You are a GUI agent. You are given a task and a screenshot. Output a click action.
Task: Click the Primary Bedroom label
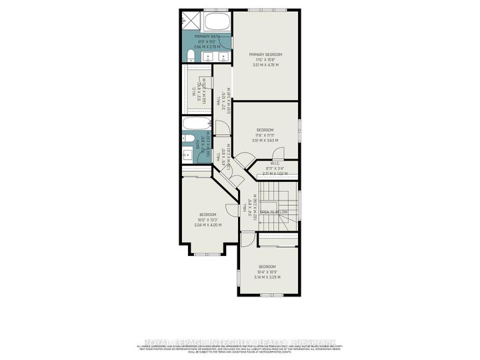tap(265, 54)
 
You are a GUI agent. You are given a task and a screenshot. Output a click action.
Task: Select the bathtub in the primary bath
tap(217, 21)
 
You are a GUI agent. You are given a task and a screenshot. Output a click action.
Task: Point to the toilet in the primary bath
tap(191, 55)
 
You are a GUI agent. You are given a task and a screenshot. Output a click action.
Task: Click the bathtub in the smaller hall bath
tap(198, 125)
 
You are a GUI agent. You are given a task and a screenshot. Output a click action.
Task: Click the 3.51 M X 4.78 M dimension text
tap(265, 65)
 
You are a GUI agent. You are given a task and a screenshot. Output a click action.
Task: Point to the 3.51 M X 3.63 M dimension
tap(265, 141)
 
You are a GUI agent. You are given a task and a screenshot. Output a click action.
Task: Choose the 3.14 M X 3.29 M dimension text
tap(267, 277)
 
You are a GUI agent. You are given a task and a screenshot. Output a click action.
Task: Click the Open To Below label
tap(274, 212)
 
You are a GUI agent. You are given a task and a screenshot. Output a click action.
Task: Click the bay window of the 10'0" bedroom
tap(207, 254)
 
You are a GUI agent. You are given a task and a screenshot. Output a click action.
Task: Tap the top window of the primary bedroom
tap(265, 10)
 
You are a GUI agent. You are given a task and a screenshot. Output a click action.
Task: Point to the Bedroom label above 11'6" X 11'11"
tap(265, 130)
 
